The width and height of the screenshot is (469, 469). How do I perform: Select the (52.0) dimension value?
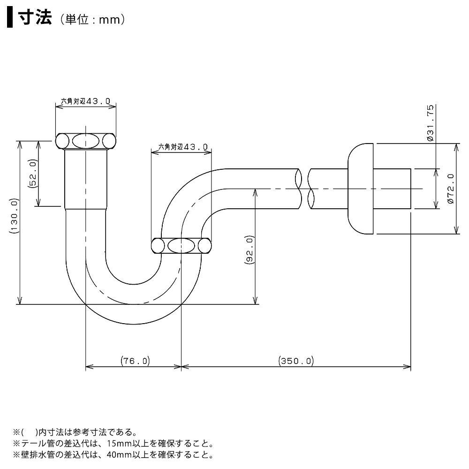point(33,174)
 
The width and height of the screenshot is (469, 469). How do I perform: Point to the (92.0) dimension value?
point(250,252)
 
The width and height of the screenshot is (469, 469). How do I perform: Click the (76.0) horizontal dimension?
point(135,361)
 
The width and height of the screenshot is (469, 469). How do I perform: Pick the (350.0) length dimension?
point(295,361)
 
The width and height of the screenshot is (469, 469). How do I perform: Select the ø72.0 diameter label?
point(451,188)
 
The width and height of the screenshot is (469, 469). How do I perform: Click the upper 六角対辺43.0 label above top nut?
point(86,101)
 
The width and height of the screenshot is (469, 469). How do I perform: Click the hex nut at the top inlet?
point(86,141)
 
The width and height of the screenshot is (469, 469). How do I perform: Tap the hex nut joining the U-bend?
point(181,245)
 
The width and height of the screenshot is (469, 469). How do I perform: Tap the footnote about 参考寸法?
point(75,432)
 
